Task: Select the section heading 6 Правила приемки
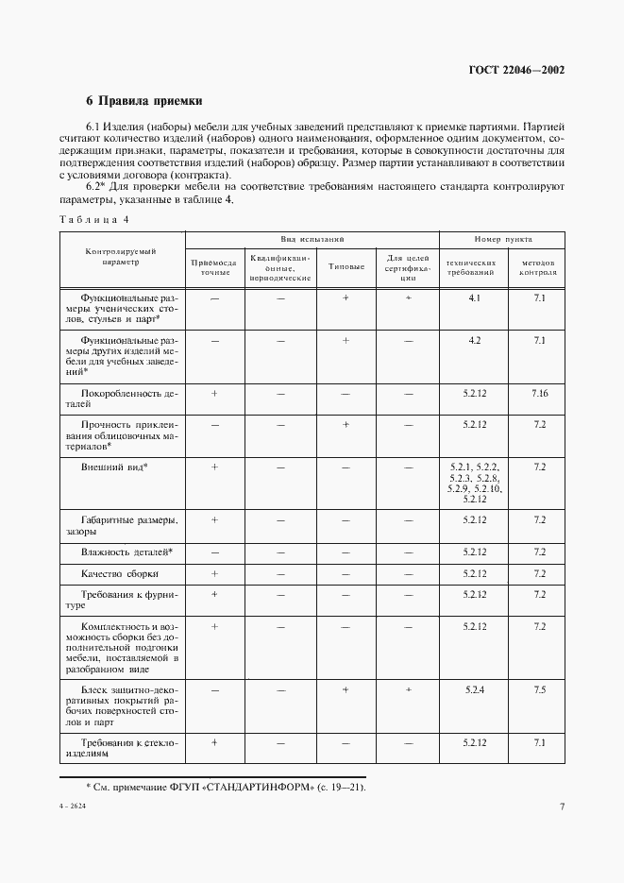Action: point(144,100)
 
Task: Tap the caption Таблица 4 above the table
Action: point(94,219)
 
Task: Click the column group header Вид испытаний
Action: point(312,240)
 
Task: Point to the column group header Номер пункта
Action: point(503,240)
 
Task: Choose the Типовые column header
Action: point(346,266)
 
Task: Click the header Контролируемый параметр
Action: point(121,256)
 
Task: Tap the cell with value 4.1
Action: point(474,297)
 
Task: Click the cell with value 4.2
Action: point(474,341)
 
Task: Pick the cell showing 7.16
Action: point(539,392)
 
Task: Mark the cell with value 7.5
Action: point(539,690)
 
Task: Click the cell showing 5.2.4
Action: point(474,690)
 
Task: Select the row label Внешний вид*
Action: point(115,467)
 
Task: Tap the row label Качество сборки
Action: point(120,573)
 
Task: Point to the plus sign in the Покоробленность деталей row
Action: point(214,392)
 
